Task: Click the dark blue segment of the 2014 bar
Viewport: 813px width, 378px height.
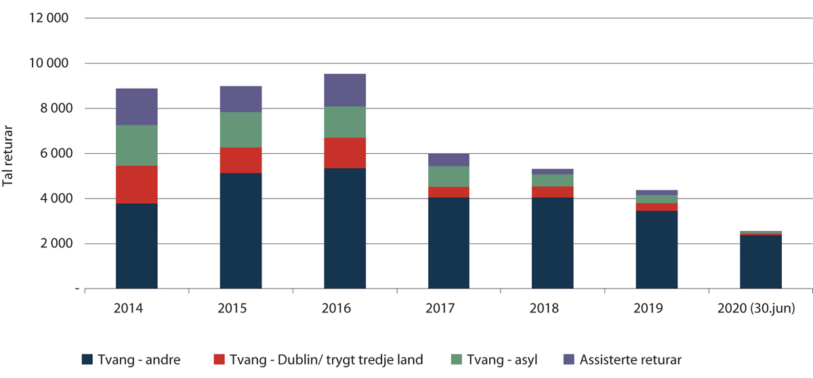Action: click(x=136, y=246)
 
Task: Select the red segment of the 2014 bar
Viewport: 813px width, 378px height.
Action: click(x=136, y=184)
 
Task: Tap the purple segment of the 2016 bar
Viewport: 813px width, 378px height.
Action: click(x=345, y=90)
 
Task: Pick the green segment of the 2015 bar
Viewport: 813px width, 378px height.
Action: click(x=241, y=129)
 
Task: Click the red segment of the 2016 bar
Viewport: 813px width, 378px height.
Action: click(x=345, y=152)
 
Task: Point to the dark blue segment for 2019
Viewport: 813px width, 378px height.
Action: click(x=656, y=249)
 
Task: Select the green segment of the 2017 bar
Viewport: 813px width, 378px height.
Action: click(x=449, y=176)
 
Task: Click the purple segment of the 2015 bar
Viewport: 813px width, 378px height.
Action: click(x=241, y=99)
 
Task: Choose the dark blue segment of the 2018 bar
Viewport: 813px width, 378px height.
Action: click(x=552, y=243)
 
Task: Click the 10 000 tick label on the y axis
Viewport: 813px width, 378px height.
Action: click(x=48, y=64)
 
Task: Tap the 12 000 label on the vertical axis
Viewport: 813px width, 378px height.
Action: click(x=48, y=18)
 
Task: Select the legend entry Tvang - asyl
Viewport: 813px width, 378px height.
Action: click(x=498, y=360)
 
